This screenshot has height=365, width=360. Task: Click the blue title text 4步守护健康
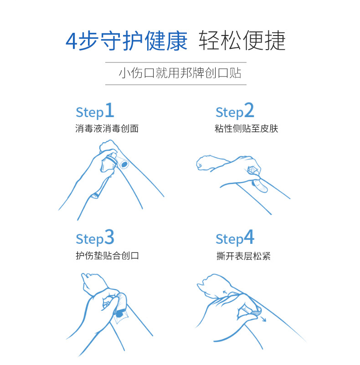click(127, 41)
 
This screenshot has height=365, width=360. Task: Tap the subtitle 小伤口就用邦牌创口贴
click(180, 73)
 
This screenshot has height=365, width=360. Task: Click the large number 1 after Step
click(109, 111)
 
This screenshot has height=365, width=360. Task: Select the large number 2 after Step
click(249, 111)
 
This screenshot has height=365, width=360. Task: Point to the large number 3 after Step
click(109, 238)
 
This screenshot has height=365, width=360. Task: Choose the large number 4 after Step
click(249, 238)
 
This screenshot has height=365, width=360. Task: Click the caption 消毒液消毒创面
click(107, 129)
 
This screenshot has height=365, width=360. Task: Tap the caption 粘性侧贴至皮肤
click(246, 129)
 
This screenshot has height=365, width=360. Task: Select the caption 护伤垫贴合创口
click(107, 256)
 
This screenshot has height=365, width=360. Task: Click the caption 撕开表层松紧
click(243, 256)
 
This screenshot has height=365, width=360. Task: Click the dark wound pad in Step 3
click(119, 314)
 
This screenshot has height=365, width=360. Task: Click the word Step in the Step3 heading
click(89, 239)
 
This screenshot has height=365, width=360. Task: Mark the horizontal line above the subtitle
click(176, 62)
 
